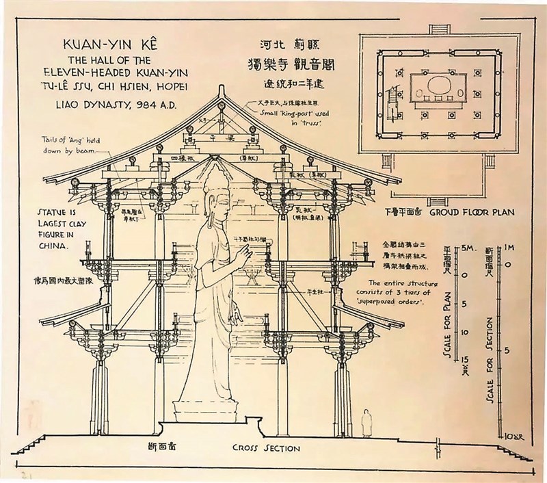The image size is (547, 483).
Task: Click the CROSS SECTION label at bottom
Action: (x=266, y=449)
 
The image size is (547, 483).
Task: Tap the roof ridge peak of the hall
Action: (x=226, y=92)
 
